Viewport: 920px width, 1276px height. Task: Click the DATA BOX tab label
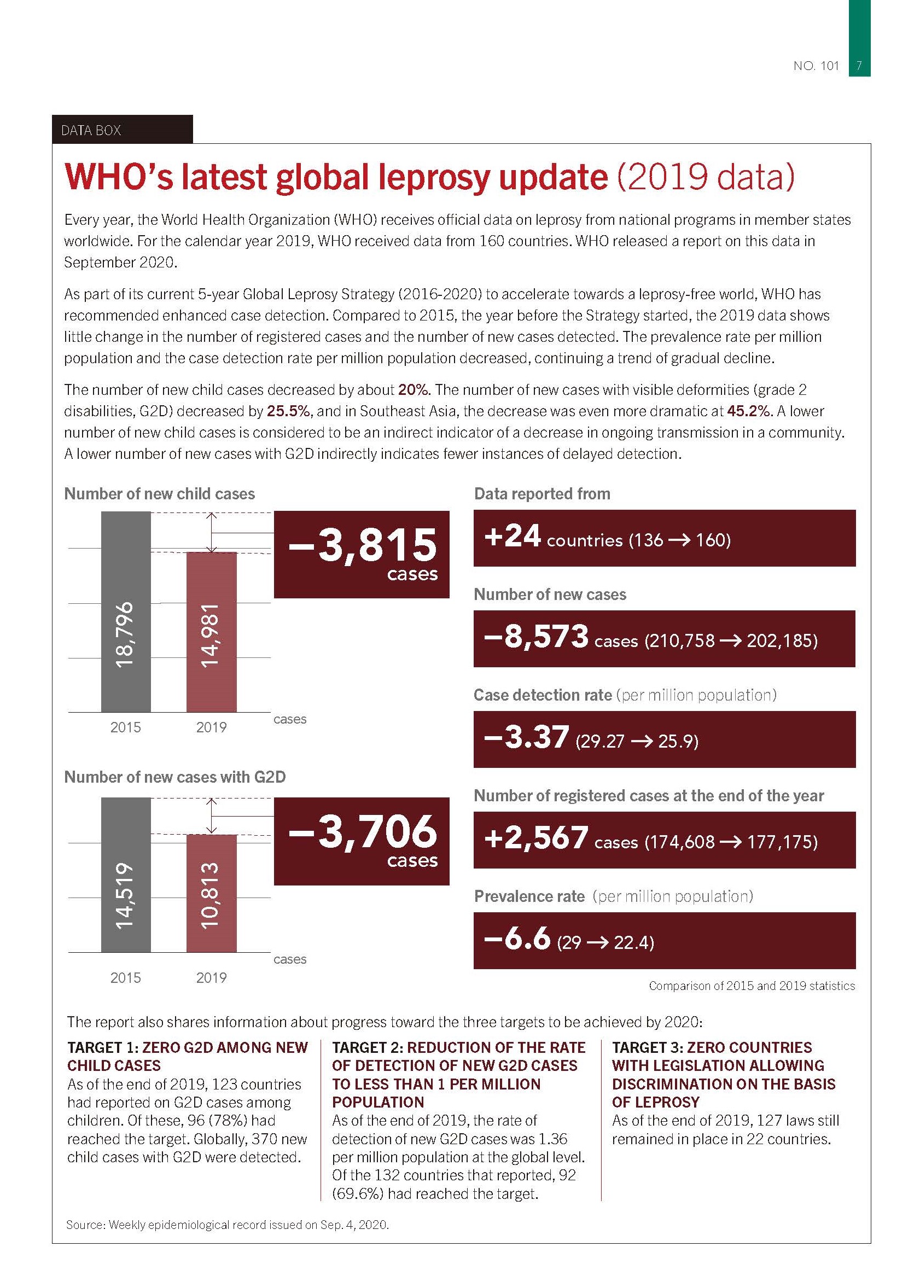91,131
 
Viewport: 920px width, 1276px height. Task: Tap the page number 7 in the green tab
859,66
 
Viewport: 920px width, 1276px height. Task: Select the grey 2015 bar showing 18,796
125,611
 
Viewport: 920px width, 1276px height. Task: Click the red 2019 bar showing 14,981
212,632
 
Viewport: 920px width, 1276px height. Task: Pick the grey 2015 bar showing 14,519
125,875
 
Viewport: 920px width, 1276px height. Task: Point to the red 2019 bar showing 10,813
212,894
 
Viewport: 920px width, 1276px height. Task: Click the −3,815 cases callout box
361,554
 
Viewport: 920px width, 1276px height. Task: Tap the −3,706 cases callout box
361,841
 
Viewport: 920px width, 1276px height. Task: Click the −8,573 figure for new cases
535,637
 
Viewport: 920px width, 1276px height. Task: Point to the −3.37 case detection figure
526,738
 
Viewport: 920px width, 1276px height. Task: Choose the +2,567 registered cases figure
535,838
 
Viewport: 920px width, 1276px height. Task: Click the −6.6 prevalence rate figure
516,939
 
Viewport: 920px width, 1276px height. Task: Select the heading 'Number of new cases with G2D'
175,777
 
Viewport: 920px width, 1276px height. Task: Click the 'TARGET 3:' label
648,1047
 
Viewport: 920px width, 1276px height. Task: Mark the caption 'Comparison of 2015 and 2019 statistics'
752,986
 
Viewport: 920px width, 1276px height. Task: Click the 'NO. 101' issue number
816,66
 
